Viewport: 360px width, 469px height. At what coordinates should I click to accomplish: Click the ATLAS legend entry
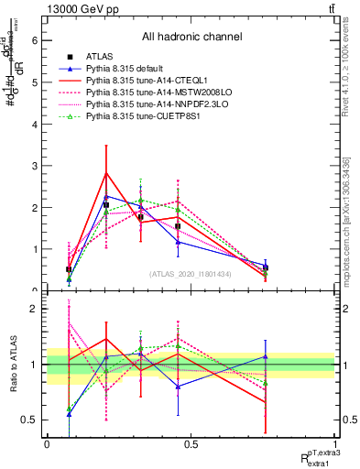[x=101, y=58]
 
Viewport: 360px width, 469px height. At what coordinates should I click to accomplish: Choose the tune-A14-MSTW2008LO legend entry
[x=143, y=93]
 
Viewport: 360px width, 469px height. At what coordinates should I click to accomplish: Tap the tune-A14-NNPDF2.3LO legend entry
[x=142, y=105]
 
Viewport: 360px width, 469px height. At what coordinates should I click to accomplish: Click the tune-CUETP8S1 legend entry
[x=132, y=117]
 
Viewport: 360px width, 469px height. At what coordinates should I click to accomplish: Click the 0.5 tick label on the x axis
[x=191, y=444]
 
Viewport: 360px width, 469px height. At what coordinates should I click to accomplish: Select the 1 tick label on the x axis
[x=335, y=444]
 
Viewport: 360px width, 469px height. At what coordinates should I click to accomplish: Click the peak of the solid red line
[x=106, y=172]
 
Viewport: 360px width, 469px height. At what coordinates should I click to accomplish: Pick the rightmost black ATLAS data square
[x=265, y=267]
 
